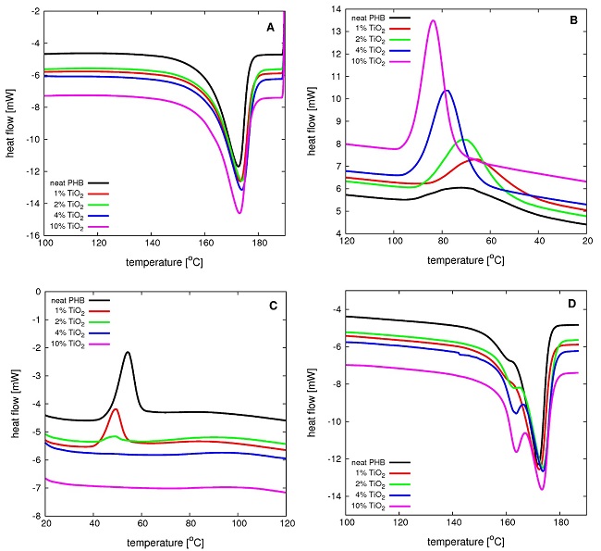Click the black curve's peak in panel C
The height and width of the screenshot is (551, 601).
point(128,352)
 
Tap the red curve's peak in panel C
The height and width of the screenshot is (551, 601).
point(116,408)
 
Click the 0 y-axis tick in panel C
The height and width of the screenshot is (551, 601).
point(36,292)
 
